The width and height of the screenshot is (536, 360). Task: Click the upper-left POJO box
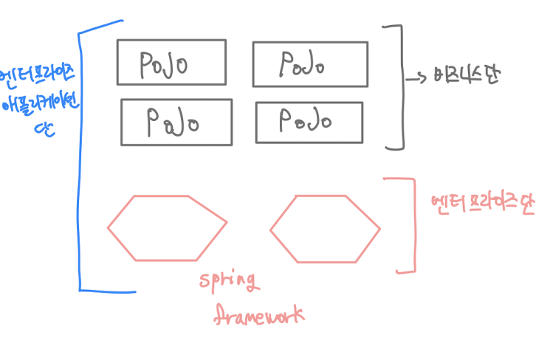click(171, 63)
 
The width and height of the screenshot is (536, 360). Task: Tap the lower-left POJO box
click(176, 121)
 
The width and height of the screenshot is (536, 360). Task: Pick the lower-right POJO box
click(309, 122)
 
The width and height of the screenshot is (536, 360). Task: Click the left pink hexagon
click(167, 228)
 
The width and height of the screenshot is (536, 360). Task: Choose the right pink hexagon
click(325, 228)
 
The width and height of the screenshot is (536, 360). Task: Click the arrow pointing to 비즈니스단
click(416, 76)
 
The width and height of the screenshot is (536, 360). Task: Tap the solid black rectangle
click(45, 325)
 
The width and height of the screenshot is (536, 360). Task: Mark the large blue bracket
click(79, 159)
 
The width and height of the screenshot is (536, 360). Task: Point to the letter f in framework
click(219, 316)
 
